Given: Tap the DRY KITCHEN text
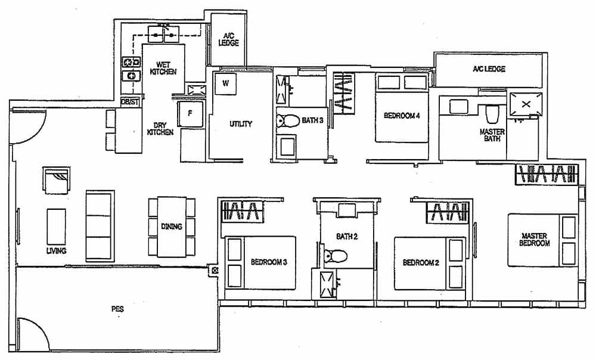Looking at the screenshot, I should coord(160,128).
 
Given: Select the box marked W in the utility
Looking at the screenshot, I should coord(225,83).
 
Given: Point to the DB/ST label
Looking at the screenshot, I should coord(130,102).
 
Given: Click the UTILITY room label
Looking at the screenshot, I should coord(241,124).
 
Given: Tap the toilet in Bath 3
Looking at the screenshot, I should coord(288,121).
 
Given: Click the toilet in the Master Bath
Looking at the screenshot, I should coord(492,113).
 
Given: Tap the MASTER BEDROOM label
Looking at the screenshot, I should coord(533,239).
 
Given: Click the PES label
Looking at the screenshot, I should coord(117,309).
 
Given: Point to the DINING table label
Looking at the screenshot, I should coord(171,226).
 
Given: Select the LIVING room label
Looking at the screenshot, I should coord(56,251).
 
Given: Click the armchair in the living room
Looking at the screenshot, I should coord(56,180).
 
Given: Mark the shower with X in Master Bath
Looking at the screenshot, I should coord(525,103).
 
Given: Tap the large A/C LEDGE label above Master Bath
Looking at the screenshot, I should coord(489,69).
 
